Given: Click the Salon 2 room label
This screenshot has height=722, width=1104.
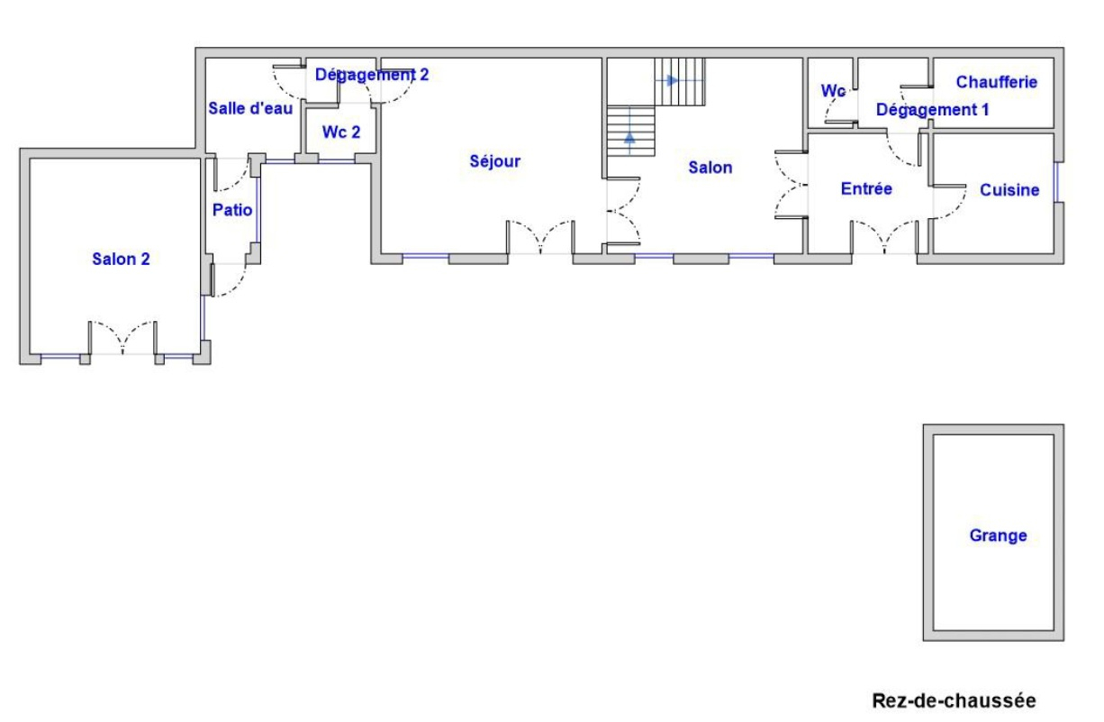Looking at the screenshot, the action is click(x=121, y=259).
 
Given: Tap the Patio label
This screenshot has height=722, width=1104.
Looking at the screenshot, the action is click(x=232, y=210).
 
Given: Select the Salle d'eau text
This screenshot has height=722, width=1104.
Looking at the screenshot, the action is click(x=250, y=108).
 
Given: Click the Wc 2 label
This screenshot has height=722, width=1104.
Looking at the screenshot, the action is click(x=341, y=132).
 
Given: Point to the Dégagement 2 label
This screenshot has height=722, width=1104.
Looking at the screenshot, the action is click(x=372, y=75).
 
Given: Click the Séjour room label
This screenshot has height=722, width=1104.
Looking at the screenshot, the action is click(x=495, y=161).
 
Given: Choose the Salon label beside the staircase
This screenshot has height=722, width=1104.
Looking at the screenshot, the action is click(x=710, y=168).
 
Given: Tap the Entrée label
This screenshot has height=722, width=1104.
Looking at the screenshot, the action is click(x=866, y=188).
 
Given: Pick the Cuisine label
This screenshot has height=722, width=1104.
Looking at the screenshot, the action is click(x=1009, y=190).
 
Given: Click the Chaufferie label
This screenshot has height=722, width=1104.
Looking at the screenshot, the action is click(x=997, y=82).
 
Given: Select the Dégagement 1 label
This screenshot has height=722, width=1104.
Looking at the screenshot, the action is click(x=933, y=110).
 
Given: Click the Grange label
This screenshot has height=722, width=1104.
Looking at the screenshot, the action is click(x=998, y=535).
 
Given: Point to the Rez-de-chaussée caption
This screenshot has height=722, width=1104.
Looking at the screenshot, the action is click(x=955, y=700).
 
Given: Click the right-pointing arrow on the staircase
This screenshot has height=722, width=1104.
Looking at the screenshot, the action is click(x=671, y=80).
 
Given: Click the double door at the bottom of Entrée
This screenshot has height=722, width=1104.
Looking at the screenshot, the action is click(x=884, y=237).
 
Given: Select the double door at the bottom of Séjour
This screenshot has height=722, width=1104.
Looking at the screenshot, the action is click(x=540, y=237).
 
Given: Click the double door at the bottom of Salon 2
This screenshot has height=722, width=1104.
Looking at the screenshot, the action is click(x=122, y=338).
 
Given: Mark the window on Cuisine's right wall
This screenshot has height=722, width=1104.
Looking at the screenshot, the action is click(x=1056, y=182).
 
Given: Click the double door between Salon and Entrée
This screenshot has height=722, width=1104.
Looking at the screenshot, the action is click(x=791, y=185).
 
